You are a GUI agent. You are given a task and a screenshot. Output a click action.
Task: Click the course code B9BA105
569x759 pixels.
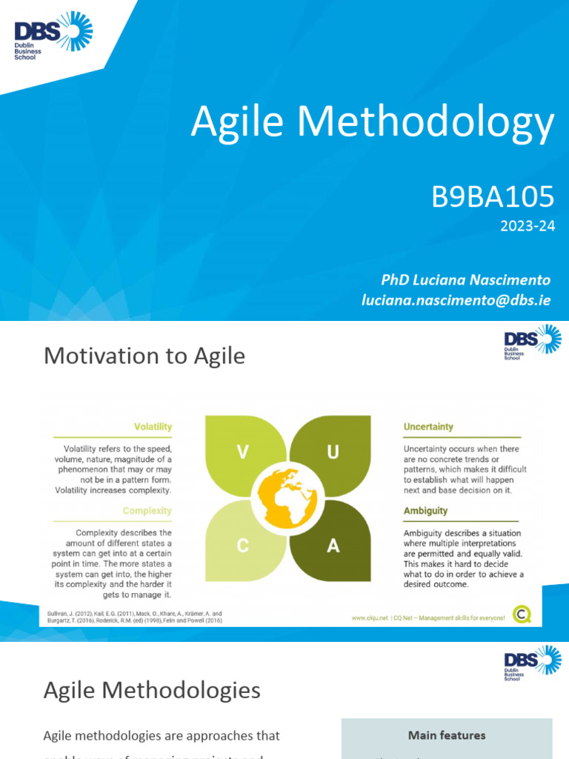coord(492,197)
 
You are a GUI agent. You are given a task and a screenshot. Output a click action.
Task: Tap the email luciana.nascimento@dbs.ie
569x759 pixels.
coord(456,300)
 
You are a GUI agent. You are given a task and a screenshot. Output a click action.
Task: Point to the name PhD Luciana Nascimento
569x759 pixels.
coord(465,279)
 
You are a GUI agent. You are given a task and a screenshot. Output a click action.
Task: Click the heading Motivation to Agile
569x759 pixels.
coord(144,357)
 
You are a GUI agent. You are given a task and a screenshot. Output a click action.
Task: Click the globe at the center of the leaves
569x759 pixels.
coord(287,498)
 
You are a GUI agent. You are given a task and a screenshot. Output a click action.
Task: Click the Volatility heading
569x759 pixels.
coord(153,427)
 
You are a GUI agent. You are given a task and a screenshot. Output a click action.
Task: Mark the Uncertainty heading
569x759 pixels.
coord(428,427)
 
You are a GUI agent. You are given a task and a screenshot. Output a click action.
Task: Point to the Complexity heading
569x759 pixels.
coord(147,511)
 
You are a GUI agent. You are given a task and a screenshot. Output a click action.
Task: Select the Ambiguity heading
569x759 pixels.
coord(425,511)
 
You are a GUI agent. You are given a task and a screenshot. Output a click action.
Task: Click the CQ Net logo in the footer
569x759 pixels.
coord(523,614)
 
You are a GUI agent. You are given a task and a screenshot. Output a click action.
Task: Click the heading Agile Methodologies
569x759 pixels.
coord(152,691)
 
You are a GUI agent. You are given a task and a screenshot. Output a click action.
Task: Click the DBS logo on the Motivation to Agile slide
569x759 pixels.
coord(532,342)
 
